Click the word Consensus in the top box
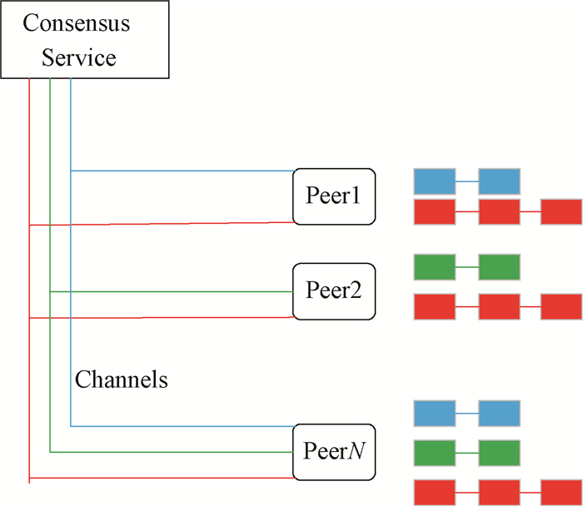[x=76, y=22]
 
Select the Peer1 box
[x=334, y=196]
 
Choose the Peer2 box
[x=334, y=291]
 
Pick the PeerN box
[x=334, y=453]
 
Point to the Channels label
[x=122, y=380]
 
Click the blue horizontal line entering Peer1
[x=183, y=171]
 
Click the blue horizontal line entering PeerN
[x=183, y=426]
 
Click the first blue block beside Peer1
[x=434, y=181]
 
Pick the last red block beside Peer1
[x=561, y=212]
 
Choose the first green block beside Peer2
[x=434, y=267]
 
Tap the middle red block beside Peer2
[x=499, y=306]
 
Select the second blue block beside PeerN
[x=499, y=414]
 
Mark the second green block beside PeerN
[x=499, y=453]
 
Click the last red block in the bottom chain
[x=561, y=492]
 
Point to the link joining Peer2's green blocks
[x=466, y=267]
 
